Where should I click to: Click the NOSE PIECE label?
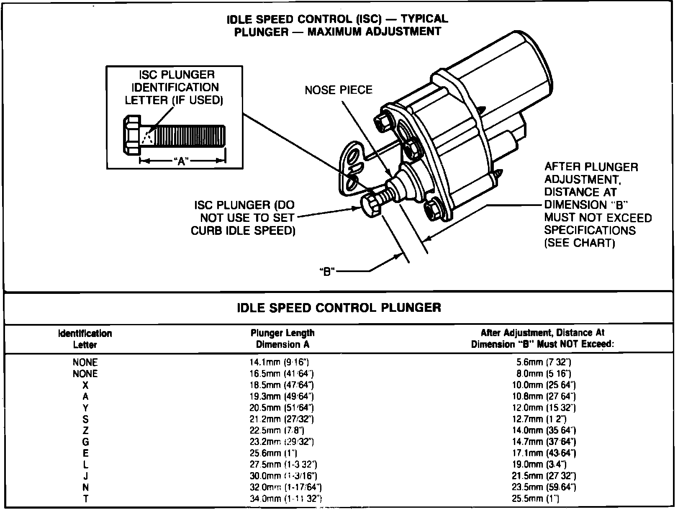(x=338, y=90)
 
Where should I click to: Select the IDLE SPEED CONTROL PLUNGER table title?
(x=339, y=308)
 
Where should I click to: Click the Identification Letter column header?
(x=85, y=339)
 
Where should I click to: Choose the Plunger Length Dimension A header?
(x=282, y=339)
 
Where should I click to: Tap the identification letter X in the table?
(x=85, y=385)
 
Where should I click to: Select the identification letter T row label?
(x=85, y=499)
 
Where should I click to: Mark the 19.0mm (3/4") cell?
(x=544, y=465)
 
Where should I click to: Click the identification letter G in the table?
(x=85, y=442)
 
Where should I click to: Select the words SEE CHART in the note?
(x=580, y=243)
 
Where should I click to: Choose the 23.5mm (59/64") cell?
(x=544, y=487)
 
